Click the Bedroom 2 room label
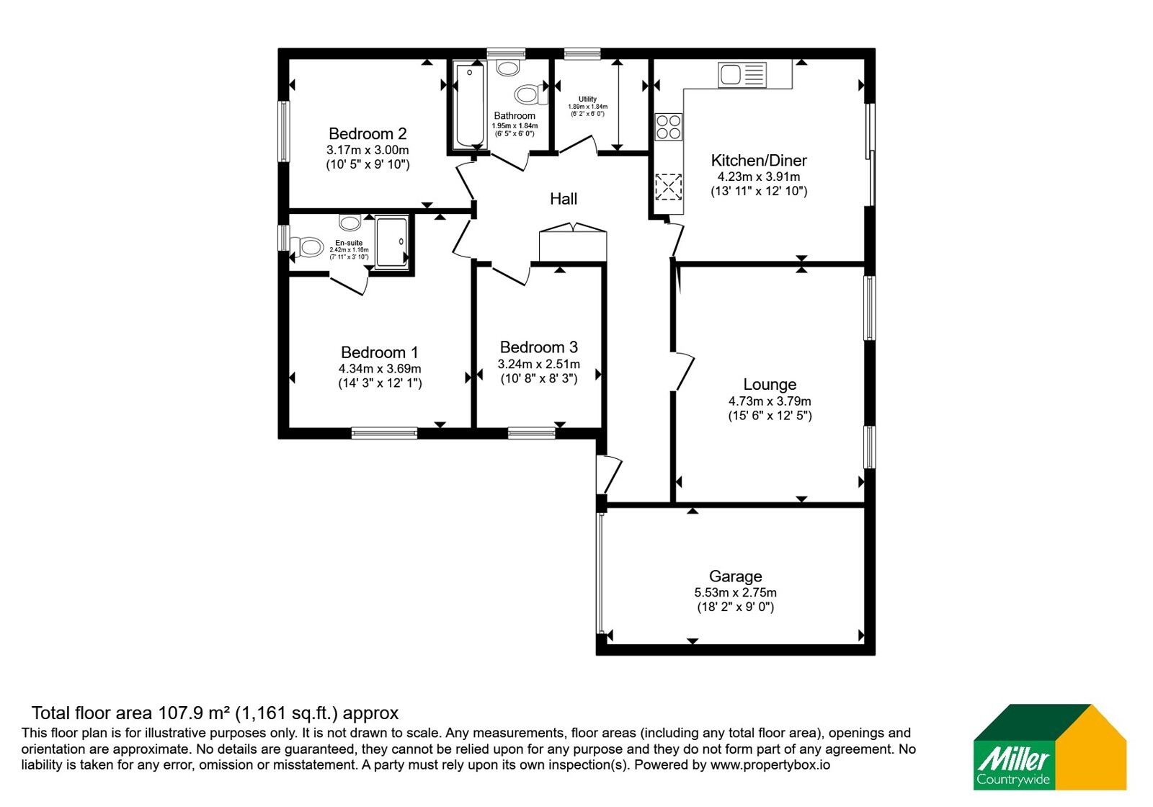(x=368, y=134)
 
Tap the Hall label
(x=563, y=199)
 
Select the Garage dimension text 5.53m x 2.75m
(x=735, y=592)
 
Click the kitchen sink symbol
(x=742, y=75)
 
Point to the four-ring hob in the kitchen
(x=668, y=127)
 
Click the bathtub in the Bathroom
(x=469, y=104)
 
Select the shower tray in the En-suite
(x=392, y=242)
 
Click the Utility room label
(x=587, y=99)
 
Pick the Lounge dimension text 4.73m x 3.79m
(x=770, y=401)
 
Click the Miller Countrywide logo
(x=1049, y=746)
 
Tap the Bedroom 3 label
(x=538, y=347)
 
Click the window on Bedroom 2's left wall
(x=284, y=131)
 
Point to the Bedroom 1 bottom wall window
(x=384, y=433)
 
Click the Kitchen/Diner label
(x=759, y=161)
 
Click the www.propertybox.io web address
(x=770, y=764)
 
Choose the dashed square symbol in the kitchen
(x=668, y=187)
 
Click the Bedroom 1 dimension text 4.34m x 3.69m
(x=380, y=369)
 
